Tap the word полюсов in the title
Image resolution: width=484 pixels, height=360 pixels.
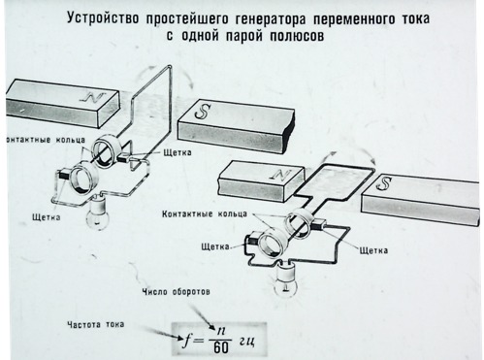pyautogui.click(x=297, y=36)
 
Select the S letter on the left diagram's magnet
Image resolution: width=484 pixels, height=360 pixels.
pyautogui.click(x=203, y=111)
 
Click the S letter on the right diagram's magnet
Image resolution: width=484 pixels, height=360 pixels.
pyautogui.click(x=384, y=182)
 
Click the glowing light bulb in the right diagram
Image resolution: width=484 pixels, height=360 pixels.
pyautogui.click(x=286, y=278)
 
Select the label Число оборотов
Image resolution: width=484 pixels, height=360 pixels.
pyautogui.click(x=177, y=292)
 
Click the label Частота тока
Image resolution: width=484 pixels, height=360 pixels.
pyautogui.click(x=96, y=324)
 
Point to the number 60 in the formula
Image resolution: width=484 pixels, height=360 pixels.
pyautogui.click(x=221, y=347)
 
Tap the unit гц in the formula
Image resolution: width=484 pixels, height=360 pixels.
pyautogui.click(x=247, y=341)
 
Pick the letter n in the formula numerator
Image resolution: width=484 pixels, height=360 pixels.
pyautogui.click(x=220, y=332)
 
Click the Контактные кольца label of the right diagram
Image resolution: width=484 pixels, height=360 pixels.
pyautogui.click(x=205, y=213)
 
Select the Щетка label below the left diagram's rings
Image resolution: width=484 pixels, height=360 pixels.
pyautogui.click(x=47, y=217)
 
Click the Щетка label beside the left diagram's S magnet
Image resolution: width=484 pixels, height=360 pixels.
pyautogui.click(x=177, y=152)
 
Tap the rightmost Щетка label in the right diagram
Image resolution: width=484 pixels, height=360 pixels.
pyautogui.click(x=373, y=250)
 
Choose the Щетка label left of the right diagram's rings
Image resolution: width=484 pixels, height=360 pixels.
pyautogui.click(x=215, y=246)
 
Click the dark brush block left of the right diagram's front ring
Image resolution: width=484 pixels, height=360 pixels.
pyautogui.click(x=251, y=241)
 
